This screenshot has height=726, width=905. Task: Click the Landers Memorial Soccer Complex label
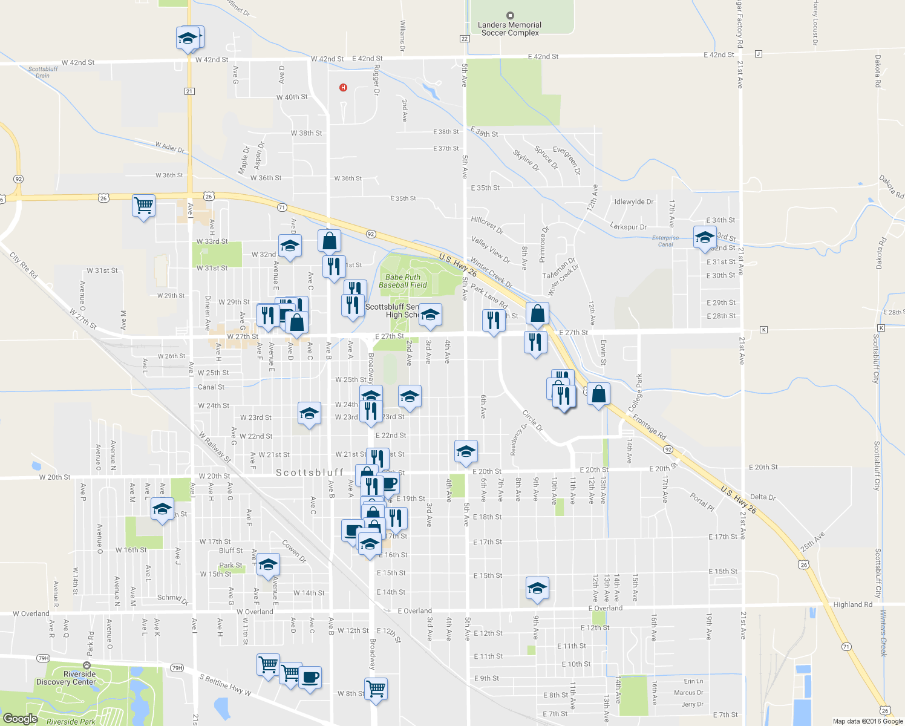click(509, 28)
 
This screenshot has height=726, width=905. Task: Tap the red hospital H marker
click(343, 88)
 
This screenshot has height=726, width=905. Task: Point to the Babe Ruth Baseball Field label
click(403, 281)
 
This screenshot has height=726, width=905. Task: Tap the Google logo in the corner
click(20, 718)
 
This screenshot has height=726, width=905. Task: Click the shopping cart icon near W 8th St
click(376, 688)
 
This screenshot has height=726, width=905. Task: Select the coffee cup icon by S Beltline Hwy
click(310, 677)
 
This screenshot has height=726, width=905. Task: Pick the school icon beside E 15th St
click(537, 588)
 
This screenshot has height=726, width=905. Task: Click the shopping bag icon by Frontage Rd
click(598, 394)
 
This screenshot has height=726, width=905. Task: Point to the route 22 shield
click(465, 39)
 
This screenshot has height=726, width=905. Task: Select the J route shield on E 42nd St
click(759, 54)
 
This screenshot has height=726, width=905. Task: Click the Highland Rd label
click(852, 604)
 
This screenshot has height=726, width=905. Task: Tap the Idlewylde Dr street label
click(633, 202)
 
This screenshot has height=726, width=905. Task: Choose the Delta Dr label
click(762, 497)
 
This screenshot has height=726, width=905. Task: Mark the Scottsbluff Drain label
click(43, 72)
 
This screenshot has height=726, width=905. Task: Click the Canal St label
click(211, 387)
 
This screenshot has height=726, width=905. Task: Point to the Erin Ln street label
click(693, 681)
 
